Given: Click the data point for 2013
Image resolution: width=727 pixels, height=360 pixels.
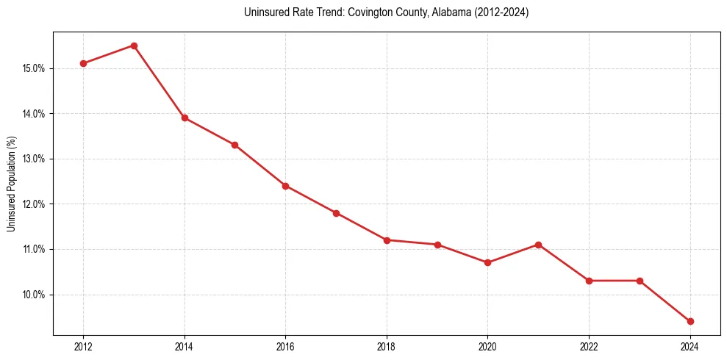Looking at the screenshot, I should [134, 46].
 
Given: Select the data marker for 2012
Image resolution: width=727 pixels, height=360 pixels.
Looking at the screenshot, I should [83, 63].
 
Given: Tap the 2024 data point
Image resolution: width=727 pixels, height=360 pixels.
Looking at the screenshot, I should [690, 321].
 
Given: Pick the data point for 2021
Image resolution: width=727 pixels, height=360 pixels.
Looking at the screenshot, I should [538, 245].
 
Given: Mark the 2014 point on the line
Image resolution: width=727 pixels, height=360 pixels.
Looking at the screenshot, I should [185, 118].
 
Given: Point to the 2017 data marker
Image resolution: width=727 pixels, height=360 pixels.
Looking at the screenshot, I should [336, 213].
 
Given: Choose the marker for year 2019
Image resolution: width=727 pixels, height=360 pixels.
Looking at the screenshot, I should [437, 245].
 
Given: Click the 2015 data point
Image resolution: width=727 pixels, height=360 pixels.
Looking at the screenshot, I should [234, 145].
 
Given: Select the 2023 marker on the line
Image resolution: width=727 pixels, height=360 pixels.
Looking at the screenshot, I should [640, 281].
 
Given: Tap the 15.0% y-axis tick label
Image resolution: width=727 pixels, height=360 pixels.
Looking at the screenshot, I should [35, 68].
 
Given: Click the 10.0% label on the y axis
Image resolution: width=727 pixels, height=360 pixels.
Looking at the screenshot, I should [35, 295].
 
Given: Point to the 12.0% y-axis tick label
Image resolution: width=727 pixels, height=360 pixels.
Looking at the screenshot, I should [35, 204].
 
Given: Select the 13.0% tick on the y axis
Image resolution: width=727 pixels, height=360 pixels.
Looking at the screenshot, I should [35, 159].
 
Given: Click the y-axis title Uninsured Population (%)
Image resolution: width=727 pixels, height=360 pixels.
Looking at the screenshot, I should [11, 184].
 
